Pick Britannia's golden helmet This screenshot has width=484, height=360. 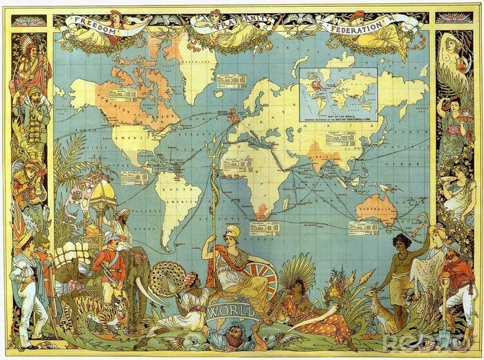pyautogui.click(x=233, y=233)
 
